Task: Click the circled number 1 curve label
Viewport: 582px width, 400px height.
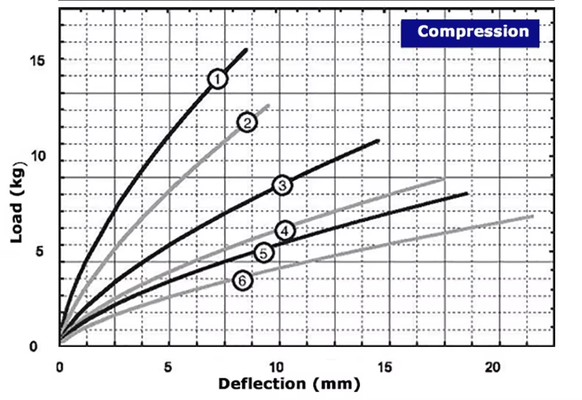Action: (217, 79)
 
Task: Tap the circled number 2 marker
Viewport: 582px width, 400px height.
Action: (247, 122)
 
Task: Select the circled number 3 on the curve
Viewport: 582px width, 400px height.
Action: (282, 185)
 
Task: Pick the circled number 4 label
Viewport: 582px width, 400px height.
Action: (285, 231)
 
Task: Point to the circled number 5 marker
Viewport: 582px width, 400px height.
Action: (264, 253)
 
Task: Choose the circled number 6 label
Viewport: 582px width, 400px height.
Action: (243, 281)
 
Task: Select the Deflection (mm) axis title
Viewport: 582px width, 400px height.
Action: (289, 384)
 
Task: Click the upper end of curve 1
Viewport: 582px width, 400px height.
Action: (247, 49)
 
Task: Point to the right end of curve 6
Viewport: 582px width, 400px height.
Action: (533, 216)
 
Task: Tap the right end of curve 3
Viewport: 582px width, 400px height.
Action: (379, 140)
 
